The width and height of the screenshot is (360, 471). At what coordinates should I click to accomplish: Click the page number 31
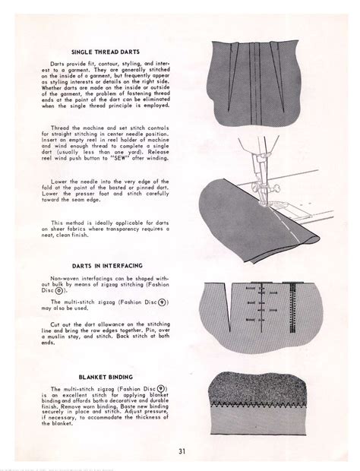coord(182,453)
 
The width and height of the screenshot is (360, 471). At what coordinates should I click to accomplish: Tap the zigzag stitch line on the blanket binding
coord(266,403)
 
